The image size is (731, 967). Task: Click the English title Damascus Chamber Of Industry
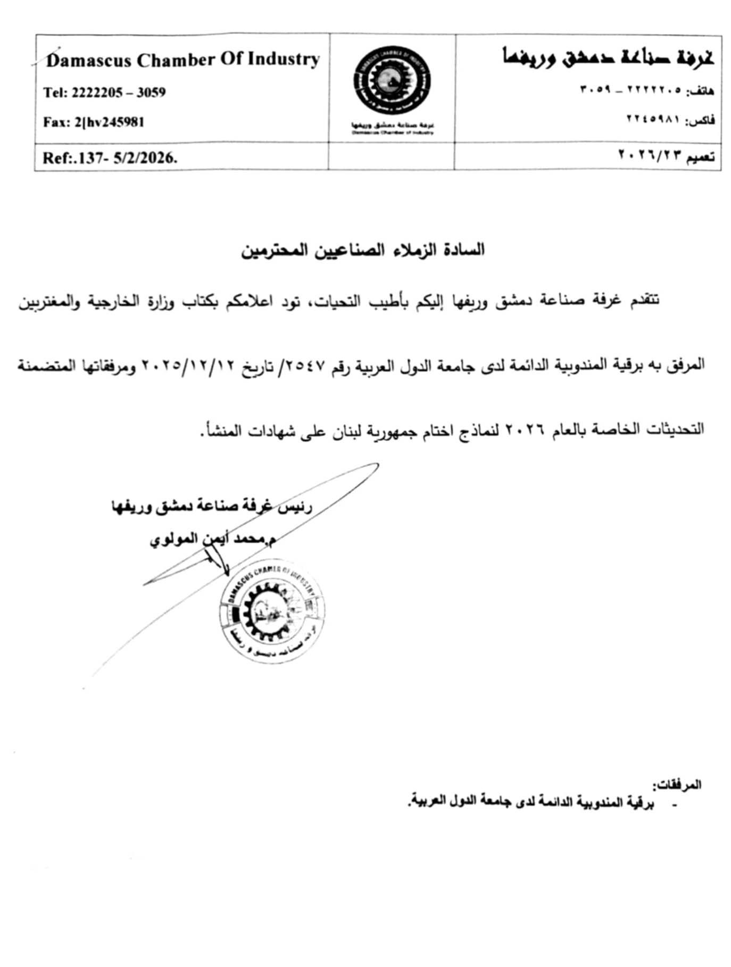tap(182, 60)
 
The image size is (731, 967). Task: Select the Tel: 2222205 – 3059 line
tap(104, 93)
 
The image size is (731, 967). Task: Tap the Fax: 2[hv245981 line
tap(94, 122)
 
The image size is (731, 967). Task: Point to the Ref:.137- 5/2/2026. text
tap(110, 158)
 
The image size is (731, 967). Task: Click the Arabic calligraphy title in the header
tap(608, 57)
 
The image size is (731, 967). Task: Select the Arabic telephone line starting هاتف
tap(646, 90)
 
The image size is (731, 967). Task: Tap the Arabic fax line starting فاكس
tap(670, 120)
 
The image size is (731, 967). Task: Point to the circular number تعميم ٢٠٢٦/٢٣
tap(666, 156)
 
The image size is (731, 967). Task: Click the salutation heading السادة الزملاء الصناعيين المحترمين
tap(363, 250)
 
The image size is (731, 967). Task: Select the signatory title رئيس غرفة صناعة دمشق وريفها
tap(211, 506)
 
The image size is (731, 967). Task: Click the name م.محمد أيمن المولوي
tap(212, 539)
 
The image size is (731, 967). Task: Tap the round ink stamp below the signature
tap(271, 611)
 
